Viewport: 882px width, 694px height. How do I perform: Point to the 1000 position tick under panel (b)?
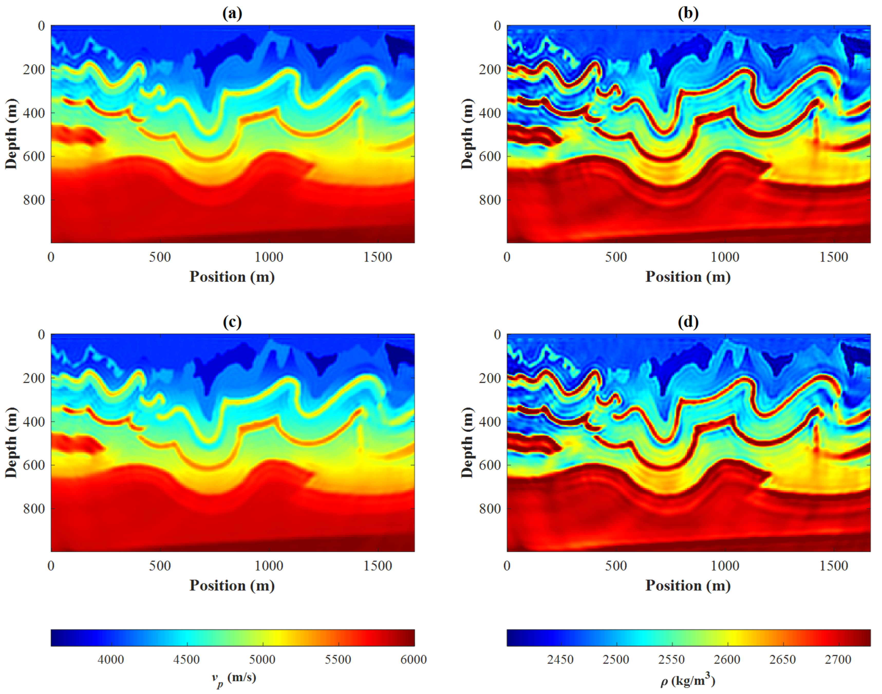725,257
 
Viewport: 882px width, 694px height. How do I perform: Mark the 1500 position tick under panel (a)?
378,257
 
